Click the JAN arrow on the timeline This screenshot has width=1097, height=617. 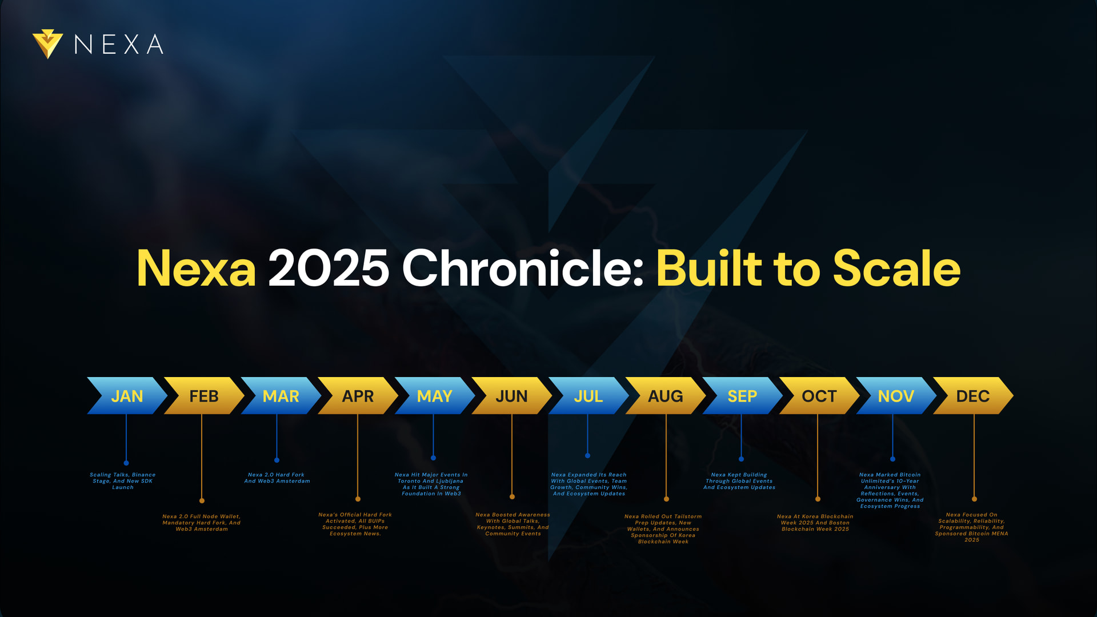coord(127,395)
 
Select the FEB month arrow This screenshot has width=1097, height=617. coord(204,395)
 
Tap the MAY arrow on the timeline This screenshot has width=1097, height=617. coord(435,395)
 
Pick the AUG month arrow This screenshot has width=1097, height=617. coord(666,395)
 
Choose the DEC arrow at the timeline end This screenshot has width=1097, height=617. coord(973,395)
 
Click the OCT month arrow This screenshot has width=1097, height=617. coord(819,395)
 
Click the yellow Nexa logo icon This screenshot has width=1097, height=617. coord(47,44)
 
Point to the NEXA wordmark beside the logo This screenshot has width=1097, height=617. coord(119,44)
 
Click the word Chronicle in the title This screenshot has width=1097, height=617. coord(523,268)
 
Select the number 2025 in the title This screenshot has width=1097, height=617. coord(329,268)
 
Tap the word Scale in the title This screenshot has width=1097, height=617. coord(897,268)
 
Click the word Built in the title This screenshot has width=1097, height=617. coord(709,268)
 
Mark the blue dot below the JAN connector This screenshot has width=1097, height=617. coord(126,463)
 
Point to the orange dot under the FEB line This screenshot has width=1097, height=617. coord(202,500)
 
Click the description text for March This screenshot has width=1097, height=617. coord(277,478)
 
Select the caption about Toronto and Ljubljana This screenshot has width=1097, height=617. coord(431,484)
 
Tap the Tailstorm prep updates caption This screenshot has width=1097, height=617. coord(663,529)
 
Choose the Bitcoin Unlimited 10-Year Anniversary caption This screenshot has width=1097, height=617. coord(890,490)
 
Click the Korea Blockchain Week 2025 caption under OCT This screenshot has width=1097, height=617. coord(815,523)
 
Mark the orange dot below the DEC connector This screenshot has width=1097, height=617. coord(974,499)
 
